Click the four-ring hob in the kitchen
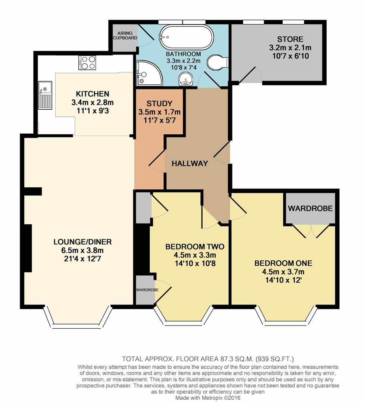pyautogui.click(x=87, y=62)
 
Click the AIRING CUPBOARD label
pyautogui.click(x=125, y=35)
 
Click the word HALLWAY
pyautogui.click(x=190, y=163)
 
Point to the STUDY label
pyautogui.click(x=159, y=103)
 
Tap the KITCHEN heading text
pyautogui.click(x=92, y=94)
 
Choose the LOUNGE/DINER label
pyautogui.click(x=82, y=242)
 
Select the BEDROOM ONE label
pyautogui.click(x=283, y=263)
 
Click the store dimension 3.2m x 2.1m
pyautogui.click(x=290, y=48)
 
